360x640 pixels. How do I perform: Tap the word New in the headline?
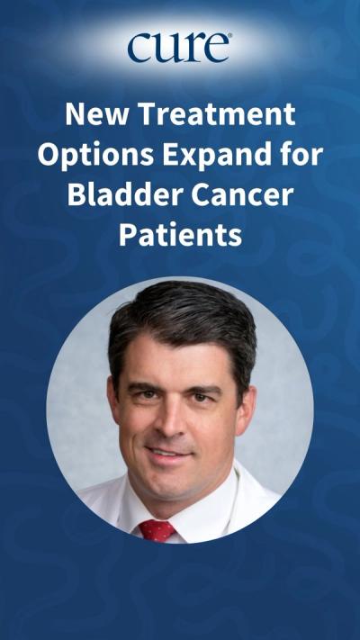point(92,115)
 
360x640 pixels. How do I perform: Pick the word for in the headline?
point(296,155)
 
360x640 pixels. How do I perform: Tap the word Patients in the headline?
point(180,235)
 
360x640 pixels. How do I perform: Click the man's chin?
point(171,482)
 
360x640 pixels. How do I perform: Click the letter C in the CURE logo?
point(140,48)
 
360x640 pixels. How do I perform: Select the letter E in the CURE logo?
point(216,48)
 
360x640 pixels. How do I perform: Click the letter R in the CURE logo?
point(192,48)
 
